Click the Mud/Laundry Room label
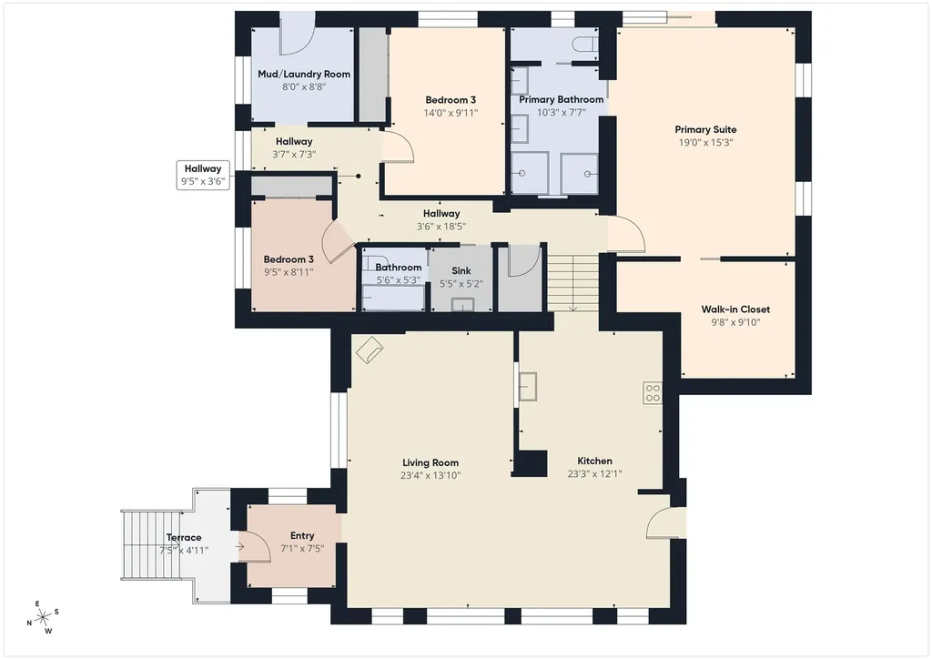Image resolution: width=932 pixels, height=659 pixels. pos(304,75)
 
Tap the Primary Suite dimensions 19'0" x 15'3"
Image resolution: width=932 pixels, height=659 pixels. pos(705,143)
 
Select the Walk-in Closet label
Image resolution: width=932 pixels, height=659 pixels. pos(735,309)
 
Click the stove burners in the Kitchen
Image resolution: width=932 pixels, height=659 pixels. pos(653,393)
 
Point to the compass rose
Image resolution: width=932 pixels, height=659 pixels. pos(43,618)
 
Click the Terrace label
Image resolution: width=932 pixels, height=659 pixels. pos(184,538)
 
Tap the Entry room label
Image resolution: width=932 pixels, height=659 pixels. pos(302,536)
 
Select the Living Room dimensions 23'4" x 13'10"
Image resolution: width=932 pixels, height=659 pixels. pos(431,475)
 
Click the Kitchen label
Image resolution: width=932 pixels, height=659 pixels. pos(594,461)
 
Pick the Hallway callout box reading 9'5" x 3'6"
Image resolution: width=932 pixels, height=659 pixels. pos(203,176)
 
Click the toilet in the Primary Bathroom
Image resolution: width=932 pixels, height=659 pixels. pos(585,45)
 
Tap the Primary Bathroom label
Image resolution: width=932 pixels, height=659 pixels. pos(561,100)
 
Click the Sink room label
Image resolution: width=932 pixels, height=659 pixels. pos(461,271)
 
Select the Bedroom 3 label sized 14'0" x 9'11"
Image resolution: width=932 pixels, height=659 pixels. pos(451,100)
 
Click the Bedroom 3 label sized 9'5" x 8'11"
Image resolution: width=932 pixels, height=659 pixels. pos(289,259)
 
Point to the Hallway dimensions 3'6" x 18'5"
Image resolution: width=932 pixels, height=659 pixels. pos(441,227)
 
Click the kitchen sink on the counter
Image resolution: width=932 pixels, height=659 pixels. pos(528,387)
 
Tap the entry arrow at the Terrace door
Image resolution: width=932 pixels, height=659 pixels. pos(239,547)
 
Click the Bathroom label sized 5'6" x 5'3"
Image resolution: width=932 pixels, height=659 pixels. pos(399,268)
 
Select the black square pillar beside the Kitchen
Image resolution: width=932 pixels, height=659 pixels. pos(530,463)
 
